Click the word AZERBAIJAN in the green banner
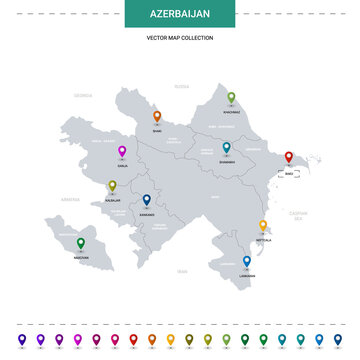coord(179,17)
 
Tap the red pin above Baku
coord(289,157)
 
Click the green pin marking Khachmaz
coord(231,98)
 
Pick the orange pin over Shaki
coord(156,115)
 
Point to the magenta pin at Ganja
coord(122,152)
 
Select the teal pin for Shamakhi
coord(227,148)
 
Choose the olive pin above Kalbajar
coord(112,185)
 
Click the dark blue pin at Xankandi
coord(146,200)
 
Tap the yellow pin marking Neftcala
coord(263,226)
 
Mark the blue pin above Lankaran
coord(246,261)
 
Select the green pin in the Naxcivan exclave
coord(81,242)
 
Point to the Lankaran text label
coord(246,276)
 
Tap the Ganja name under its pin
coord(122,167)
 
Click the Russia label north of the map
coord(181,87)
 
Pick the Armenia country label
coord(69,199)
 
